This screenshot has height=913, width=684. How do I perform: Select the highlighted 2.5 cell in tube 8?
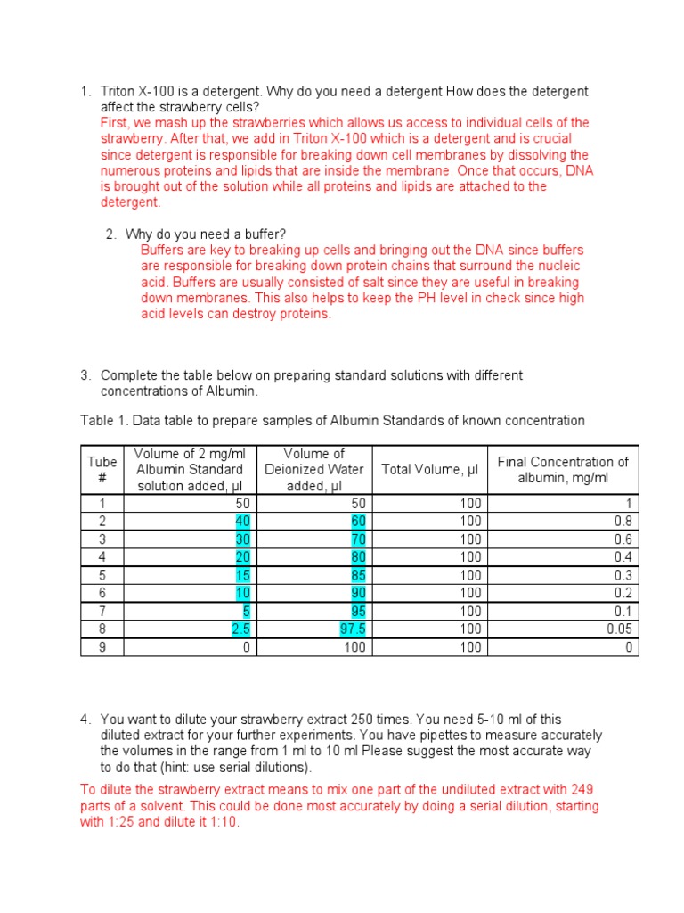(238, 629)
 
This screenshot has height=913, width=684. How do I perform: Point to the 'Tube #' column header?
(102, 469)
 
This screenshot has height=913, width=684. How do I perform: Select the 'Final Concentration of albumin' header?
(562, 469)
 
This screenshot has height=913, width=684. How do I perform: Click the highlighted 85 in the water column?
(357, 576)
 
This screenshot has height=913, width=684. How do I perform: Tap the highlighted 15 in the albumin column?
(242, 576)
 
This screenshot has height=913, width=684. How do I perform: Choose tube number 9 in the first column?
(102, 648)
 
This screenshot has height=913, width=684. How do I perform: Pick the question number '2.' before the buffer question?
(111, 234)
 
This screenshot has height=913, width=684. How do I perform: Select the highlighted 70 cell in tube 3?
(357, 539)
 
